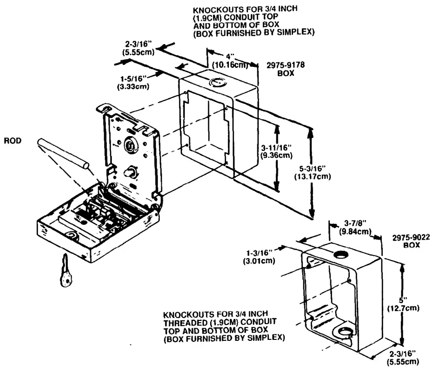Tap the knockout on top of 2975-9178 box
click(216, 83)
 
